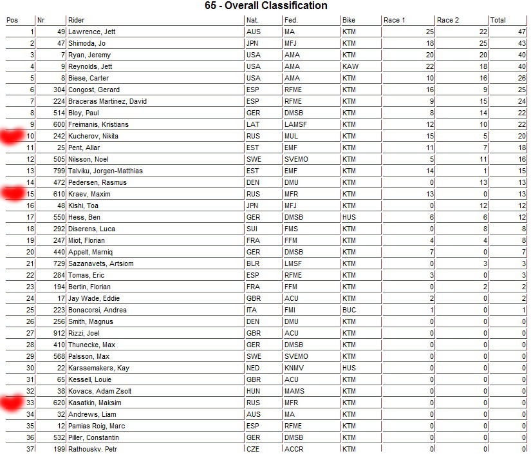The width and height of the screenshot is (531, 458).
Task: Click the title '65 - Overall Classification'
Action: pyautogui.click(x=265, y=6)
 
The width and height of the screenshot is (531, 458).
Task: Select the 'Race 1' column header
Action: pyautogui.click(x=395, y=20)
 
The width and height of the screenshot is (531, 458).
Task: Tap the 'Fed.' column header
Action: pyautogui.click(x=291, y=20)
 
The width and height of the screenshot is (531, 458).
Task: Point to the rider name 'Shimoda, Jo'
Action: pyautogui.click(x=87, y=43)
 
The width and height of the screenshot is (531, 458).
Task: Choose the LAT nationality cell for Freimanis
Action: pyautogui.click(x=252, y=124)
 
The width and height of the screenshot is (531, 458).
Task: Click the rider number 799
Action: pyautogui.click(x=57, y=171)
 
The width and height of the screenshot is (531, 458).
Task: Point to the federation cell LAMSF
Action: pyautogui.click(x=295, y=124)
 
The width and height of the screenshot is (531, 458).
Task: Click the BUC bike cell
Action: pyautogui.click(x=349, y=310)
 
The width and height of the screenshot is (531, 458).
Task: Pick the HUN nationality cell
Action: pyautogui.click(x=253, y=391)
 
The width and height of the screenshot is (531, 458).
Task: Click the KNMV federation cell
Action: pyautogui.click(x=294, y=368)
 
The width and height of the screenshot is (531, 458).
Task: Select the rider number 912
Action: pyautogui.click(x=57, y=333)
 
